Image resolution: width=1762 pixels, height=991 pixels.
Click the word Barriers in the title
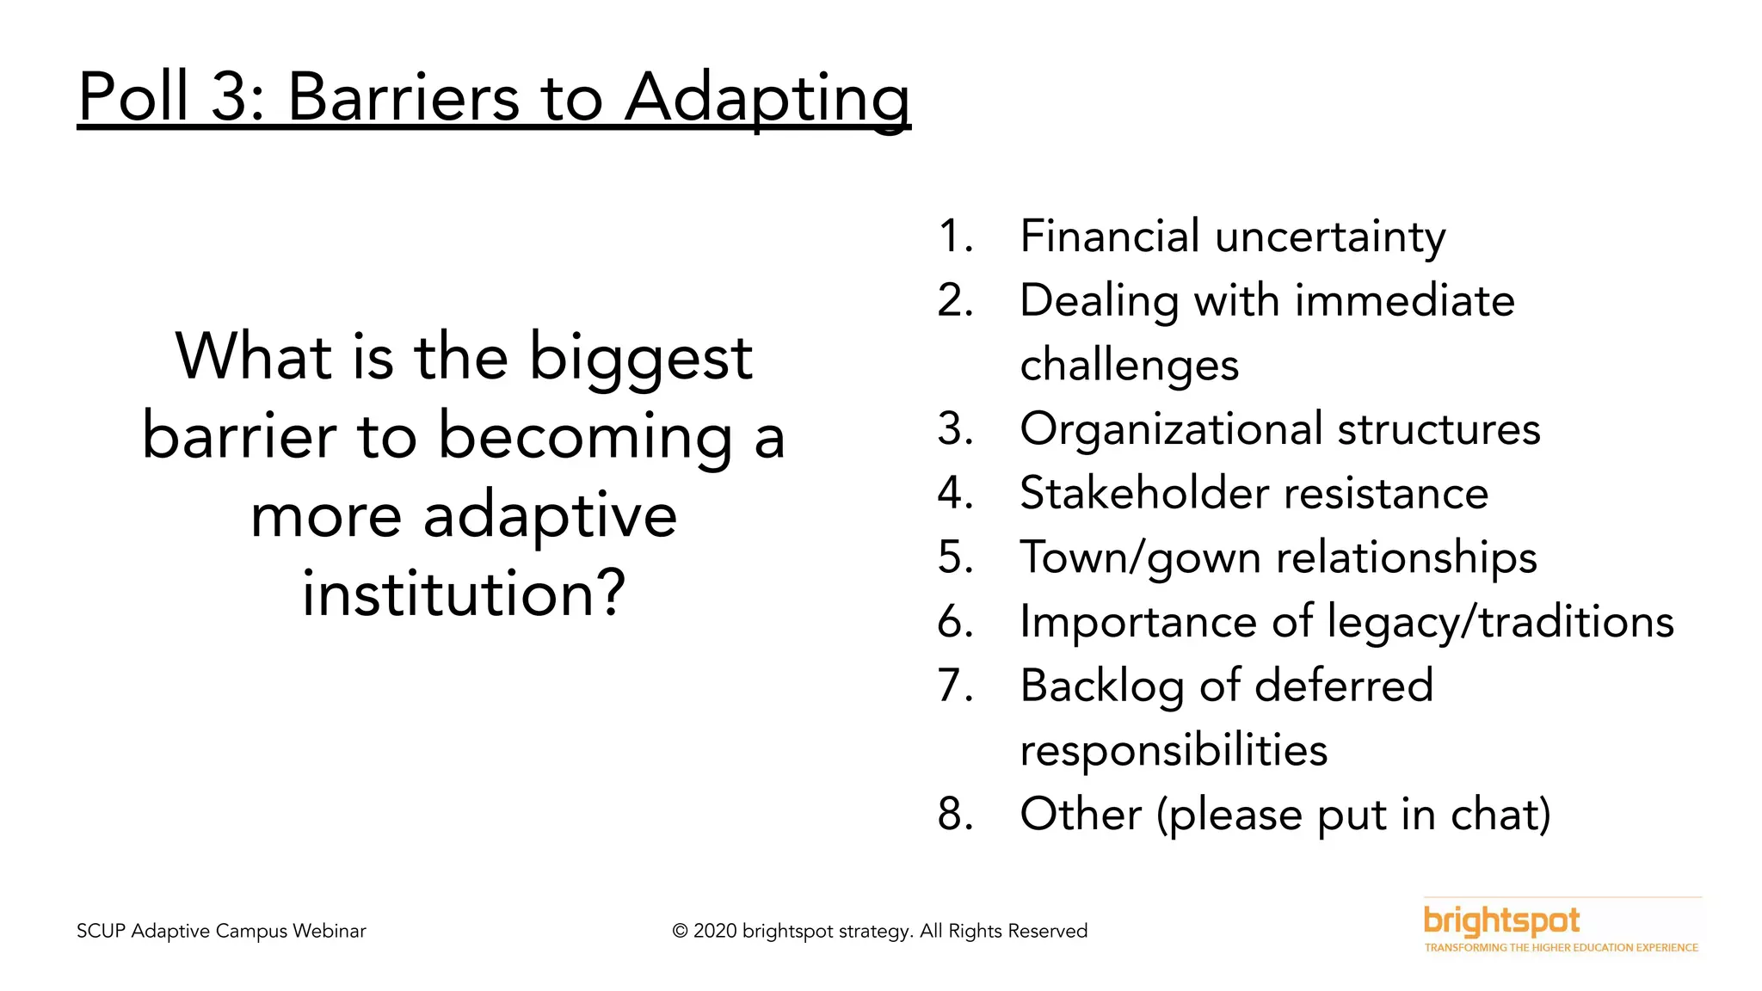point(403,96)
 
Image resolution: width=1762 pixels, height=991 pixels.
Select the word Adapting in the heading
point(767,98)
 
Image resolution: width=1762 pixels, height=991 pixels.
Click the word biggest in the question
point(640,359)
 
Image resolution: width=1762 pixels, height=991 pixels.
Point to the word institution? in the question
point(464,594)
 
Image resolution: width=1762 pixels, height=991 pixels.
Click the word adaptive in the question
point(550,517)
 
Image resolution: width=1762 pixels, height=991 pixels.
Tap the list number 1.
point(954,237)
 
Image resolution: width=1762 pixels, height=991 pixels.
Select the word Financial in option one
point(1109,236)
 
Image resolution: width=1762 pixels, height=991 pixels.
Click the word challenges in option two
point(1129,366)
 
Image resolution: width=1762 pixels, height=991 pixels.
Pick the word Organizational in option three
point(1171,429)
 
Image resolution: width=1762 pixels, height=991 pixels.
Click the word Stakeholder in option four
point(1144,493)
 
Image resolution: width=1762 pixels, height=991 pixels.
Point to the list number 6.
point(954,622)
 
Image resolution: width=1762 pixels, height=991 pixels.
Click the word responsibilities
point(1174,750)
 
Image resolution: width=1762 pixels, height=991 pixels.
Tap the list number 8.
point(954,815)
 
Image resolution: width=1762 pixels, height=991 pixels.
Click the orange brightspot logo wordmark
point(1501,921)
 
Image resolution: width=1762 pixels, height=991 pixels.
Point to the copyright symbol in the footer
point(680,932)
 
